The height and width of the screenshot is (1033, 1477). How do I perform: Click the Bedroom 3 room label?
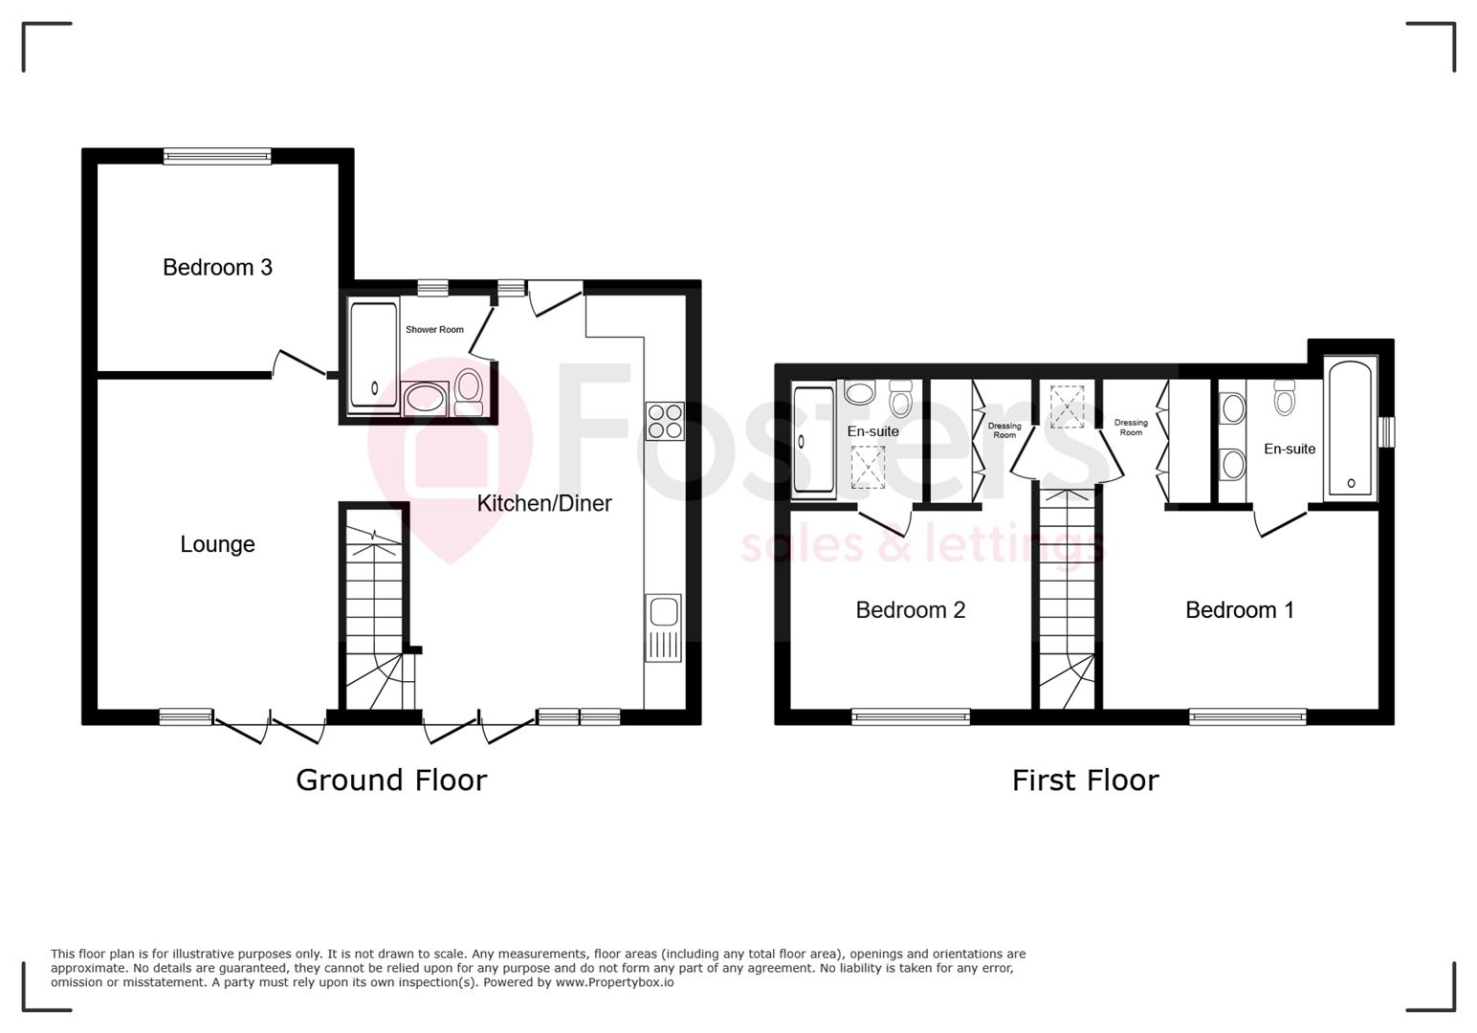pos(217,267)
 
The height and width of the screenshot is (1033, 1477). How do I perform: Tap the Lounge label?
pos(217,544)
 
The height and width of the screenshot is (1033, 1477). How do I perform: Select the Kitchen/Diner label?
pos(544,503)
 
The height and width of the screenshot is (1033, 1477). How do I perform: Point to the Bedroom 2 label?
pos(910,609)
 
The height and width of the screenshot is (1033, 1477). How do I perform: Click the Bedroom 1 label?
pos(1239,609)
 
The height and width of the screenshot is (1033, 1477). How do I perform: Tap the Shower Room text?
pos(434,329)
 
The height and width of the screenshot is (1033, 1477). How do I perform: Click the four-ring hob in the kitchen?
pos(665,420)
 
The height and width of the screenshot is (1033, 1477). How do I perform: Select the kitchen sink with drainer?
pos(664,627)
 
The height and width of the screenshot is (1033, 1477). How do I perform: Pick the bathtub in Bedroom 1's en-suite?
pos(1350,428)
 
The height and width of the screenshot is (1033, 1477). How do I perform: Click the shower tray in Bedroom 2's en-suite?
pos(813,440)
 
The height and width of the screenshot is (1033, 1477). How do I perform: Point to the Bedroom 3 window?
pos(217,156)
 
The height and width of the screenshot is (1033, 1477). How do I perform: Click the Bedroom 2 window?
pos(910,716)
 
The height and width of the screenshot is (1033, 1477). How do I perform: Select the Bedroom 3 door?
pos(302,363)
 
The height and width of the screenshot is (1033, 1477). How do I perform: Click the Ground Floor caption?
pos(391,780)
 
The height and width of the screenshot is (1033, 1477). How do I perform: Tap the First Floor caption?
pos(1085,780)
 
